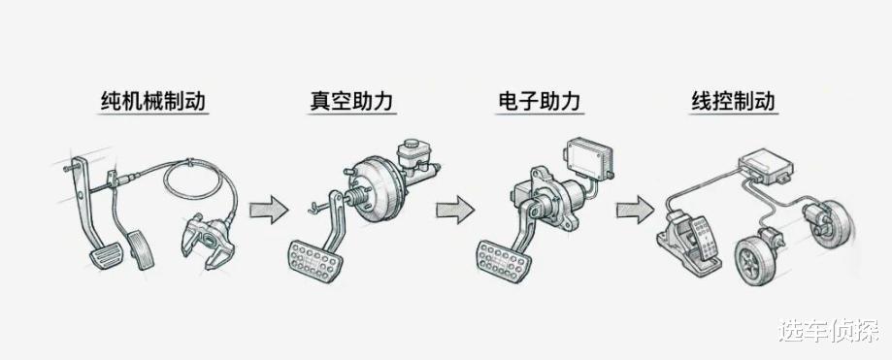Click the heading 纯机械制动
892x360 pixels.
pos(152,101)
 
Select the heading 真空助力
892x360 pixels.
pos(351,101)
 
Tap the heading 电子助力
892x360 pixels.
pos(539,101)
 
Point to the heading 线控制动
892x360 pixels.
pos(733,101)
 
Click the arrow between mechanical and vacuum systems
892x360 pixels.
pos(269,210)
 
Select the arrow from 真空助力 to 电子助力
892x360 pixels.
pos(455,210)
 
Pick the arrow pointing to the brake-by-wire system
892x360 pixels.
pos(636,210)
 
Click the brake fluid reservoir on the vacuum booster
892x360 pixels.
pos(413,151)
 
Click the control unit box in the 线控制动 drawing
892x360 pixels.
pos(766,166)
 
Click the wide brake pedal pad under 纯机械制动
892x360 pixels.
pos(106,256)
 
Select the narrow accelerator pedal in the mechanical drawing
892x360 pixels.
pos(140,249)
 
